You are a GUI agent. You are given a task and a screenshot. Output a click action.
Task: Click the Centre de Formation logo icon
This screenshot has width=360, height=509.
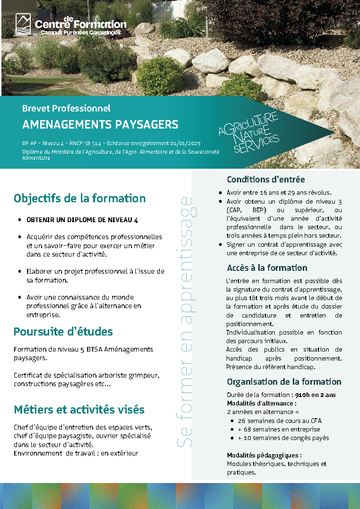[x=23, y=23]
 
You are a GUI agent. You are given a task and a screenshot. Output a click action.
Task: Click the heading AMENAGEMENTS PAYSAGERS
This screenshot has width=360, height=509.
[x=100, y=125]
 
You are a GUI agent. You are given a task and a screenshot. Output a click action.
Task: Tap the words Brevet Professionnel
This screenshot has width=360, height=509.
[x=66, y=108]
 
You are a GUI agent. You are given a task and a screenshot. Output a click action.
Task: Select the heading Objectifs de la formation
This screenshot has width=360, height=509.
[x=79, y=198]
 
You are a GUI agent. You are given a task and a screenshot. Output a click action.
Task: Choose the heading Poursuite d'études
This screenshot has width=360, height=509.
[x=63, y=332]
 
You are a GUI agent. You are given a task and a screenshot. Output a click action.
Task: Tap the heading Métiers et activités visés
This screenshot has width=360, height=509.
[x=79, y=410]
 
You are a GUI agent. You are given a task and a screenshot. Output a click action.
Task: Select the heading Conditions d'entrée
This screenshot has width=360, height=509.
[x=266, y=180]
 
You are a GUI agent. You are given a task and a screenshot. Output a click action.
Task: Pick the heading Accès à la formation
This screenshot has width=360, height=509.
[x=267, y=268]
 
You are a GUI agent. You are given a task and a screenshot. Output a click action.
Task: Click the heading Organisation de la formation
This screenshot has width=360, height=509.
[x=284, y=382]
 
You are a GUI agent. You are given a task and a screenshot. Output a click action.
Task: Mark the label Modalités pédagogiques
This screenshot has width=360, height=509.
[x=264, y=456]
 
